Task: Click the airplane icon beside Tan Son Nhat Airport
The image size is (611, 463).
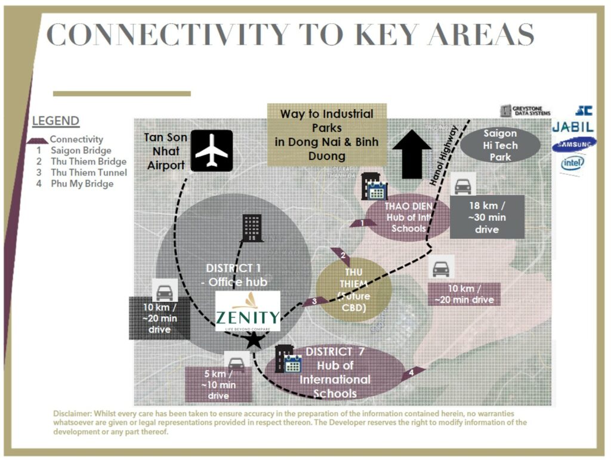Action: click(x=211, y=150)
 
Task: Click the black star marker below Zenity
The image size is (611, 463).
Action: click(x=254, y=341)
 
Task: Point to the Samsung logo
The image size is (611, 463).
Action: click(x=573, y=144)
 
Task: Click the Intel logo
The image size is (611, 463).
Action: click(x=573, y=163)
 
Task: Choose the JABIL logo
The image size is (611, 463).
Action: click(x=572, y=126)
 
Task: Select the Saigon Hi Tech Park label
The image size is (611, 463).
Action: click(x=500, y=145)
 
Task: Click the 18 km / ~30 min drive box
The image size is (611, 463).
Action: click(x=487, y=217)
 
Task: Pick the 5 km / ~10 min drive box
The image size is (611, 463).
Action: click(x=218, y=384)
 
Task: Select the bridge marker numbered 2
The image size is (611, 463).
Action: click(x=342, y=256)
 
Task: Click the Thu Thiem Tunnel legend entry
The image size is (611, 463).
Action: click(x=88, y=172)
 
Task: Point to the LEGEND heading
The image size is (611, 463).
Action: click(x=55, y=121)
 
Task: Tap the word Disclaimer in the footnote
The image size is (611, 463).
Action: click(x=74, y=413)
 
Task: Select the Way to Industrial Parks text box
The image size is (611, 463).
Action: click(x=326, y=135)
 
